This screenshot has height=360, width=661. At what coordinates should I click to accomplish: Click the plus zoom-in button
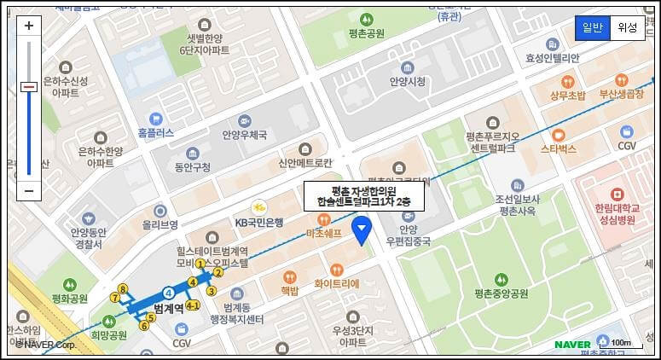pyautogui.click(x=29, y=26)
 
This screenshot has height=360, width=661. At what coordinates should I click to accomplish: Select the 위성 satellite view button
pyautogui.click(x=628, y=27)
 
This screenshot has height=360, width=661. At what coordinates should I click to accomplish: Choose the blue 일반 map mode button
pyautogui.click(x=592, y=27)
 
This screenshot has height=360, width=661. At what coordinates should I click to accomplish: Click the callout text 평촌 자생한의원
pyautogui.click(x=359, y=190)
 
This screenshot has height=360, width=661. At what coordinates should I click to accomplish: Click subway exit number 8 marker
pyautogui.click(x=123, y=290)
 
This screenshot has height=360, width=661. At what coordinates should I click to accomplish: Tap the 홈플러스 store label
pyautogui.click(x=155, y=133)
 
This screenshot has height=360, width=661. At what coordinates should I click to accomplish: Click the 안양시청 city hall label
pyautogui.click(x=407, y=82)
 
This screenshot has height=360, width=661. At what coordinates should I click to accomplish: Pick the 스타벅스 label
pyautogui.click(x=559, y=148)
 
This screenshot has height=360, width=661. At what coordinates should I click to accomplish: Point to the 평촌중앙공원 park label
pyautogui.click(x=502, y=293)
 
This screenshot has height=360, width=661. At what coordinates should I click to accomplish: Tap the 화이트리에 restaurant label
pyautogui.click(x=337, y=283)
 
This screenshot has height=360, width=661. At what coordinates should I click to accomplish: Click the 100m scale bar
pyautogui.click(x=620, y=344)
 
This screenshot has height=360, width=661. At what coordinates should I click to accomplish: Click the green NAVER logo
pyautogui.click(x=572, y=345)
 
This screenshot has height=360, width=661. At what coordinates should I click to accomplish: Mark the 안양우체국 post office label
pyautogui.click(x=245, y=135)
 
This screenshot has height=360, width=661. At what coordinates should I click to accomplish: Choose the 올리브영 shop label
pyautogui.click(x=159, y=225)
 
